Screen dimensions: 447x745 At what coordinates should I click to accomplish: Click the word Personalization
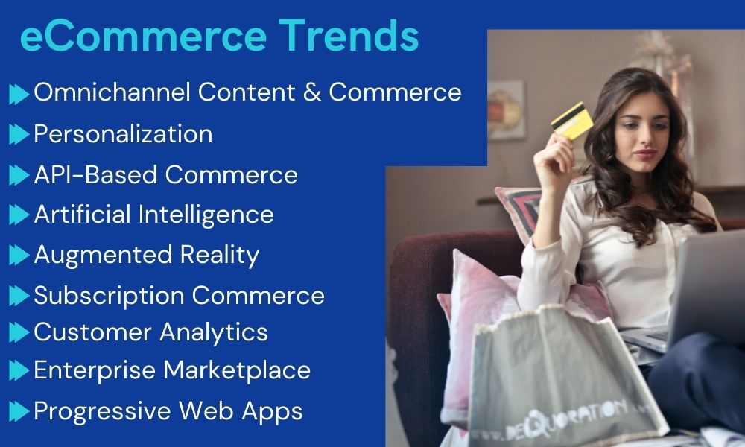123,134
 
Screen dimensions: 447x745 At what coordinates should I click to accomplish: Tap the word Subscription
109,296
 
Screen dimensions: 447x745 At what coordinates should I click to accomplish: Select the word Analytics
216,332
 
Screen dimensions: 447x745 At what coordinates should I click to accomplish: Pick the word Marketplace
238,370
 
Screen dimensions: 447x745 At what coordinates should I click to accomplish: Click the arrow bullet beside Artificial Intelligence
19,215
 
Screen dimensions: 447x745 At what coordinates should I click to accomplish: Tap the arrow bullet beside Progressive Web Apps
19,410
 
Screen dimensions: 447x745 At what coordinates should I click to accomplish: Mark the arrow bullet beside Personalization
19,135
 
